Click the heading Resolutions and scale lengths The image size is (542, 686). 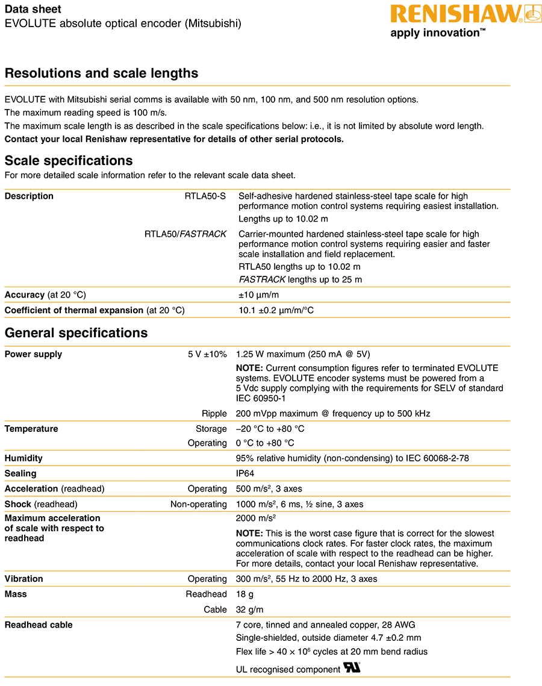point(101,73)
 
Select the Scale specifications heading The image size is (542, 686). point(69,161)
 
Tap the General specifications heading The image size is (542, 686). point(76,333)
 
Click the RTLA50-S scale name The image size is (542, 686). point(205,196)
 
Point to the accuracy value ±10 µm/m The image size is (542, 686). point(258,295)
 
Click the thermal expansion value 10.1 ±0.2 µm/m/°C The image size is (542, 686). point(276,311)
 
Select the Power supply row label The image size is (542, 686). point(33,354)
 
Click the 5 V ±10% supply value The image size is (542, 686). point(207,354)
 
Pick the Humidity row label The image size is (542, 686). point(23,458)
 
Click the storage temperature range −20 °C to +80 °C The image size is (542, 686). point(270,429)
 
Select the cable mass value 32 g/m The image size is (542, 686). point(250,610)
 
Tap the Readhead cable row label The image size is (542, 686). point(39,625)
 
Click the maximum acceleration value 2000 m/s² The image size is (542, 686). point(255,518)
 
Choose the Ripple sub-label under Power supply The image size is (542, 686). point(214,414)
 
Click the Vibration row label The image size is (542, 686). point(24,579)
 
